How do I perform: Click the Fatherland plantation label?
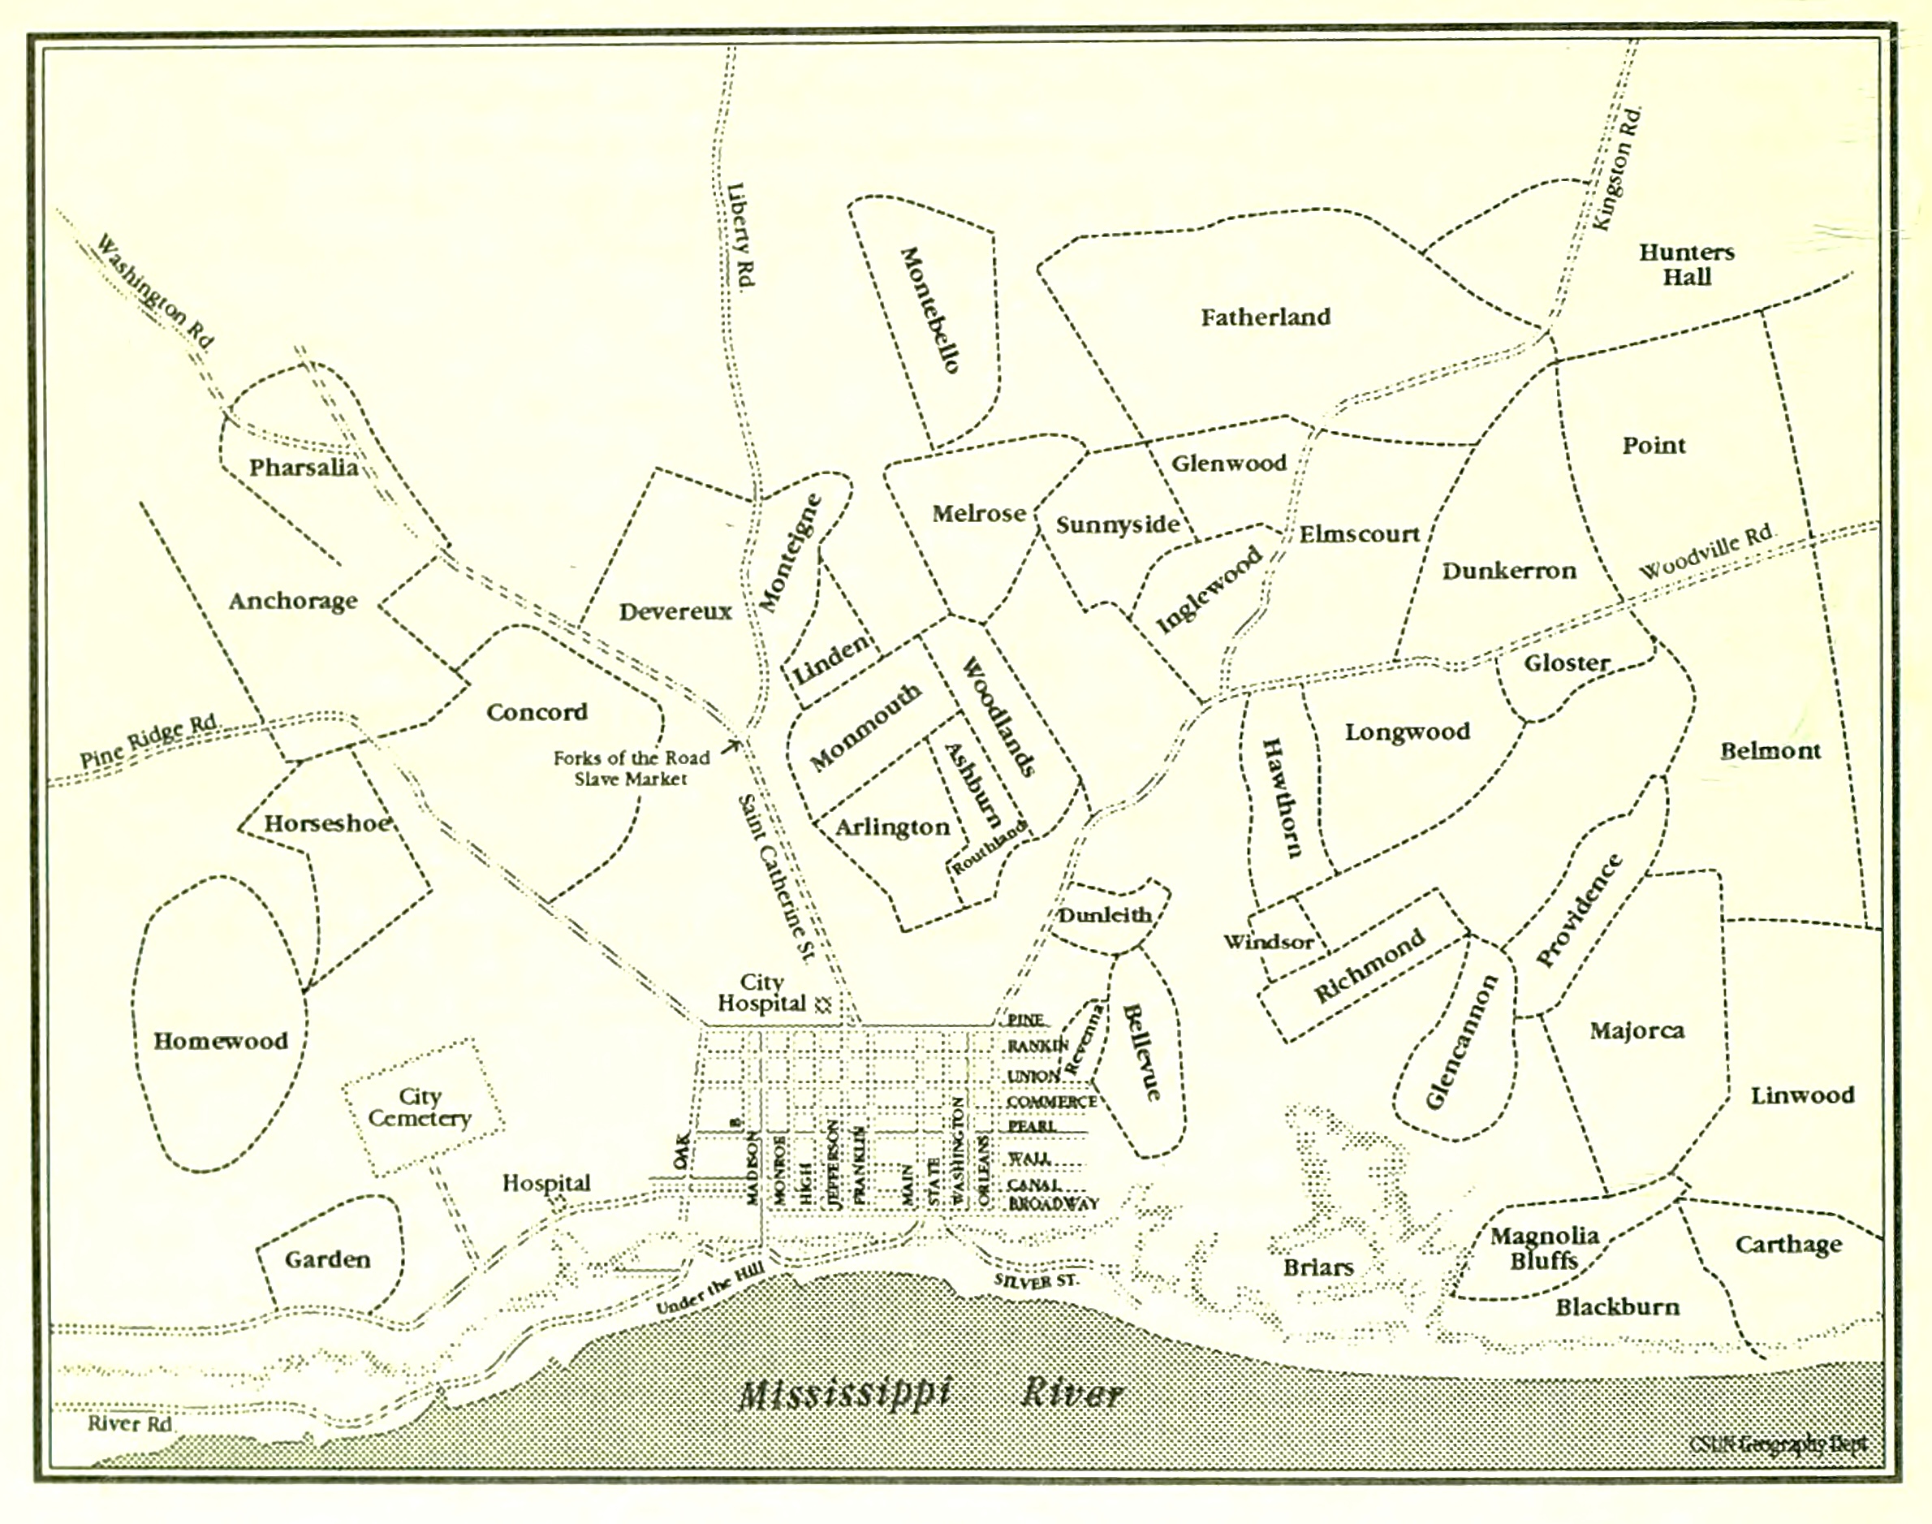point(1265,317)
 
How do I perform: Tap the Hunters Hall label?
point(1686,264)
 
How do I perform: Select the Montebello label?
point(930,309)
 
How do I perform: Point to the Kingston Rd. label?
point(1616,169)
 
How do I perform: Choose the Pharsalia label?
point(304,468)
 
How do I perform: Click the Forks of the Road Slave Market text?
point(631,768)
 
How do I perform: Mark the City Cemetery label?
point(419,1107)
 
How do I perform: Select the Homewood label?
point(220,1040)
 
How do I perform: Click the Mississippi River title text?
point(932,1392)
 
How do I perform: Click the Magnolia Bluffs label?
point(1544,1247)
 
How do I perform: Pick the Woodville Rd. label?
point(1706,550)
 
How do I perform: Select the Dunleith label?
point(1104,916)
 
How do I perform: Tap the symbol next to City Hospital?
point(823,1004)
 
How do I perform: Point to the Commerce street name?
point(1051,1102)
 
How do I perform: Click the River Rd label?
point(129,1423)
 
